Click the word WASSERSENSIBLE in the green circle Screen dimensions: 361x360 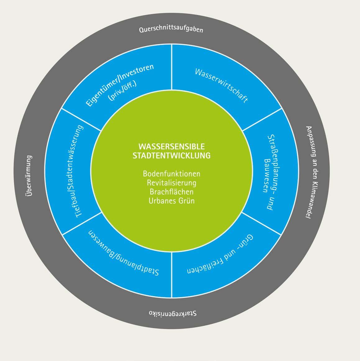(x=171, y=146)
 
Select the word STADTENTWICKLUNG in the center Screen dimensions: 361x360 (x=171, y=155)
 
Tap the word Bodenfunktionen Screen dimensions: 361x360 (x=171, y=174)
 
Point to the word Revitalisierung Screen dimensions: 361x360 (x=171, y=183)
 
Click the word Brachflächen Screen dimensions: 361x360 (x=171, y=192)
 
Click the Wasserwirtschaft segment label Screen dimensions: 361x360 (x=221, y=86)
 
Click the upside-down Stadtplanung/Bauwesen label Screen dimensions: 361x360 (x=124, y=253)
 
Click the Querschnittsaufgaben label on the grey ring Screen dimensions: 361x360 (x=171, y=29)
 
